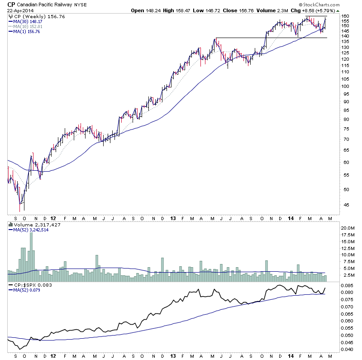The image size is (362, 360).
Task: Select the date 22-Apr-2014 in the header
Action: point(19,11)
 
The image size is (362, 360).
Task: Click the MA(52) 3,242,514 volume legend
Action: point(31,230)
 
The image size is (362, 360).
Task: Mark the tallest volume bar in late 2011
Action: point(31,249)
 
